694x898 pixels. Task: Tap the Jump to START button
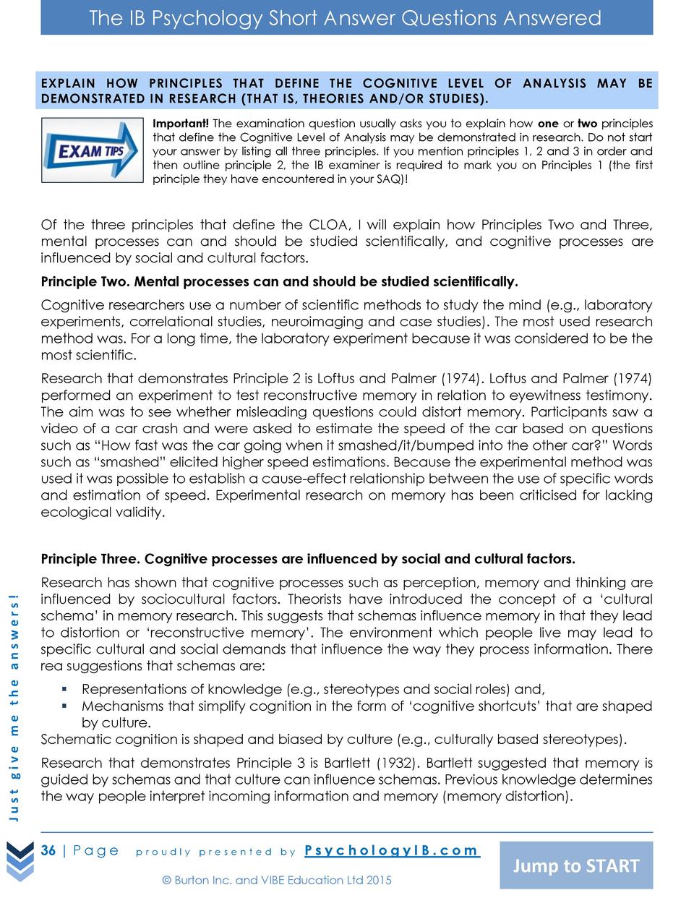(576, 865)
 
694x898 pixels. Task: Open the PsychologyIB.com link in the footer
(391, 850)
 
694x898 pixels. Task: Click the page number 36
(48, 850)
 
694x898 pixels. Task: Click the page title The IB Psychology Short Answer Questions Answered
(346, 18)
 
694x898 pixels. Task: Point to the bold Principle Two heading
(279, 281)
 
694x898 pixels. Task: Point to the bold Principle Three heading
(308, 559)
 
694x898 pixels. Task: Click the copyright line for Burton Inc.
(277, 880)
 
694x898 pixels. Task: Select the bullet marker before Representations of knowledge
(64, 689)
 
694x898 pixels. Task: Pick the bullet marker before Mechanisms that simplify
(64, 706)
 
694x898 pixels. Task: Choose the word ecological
(75, 512)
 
